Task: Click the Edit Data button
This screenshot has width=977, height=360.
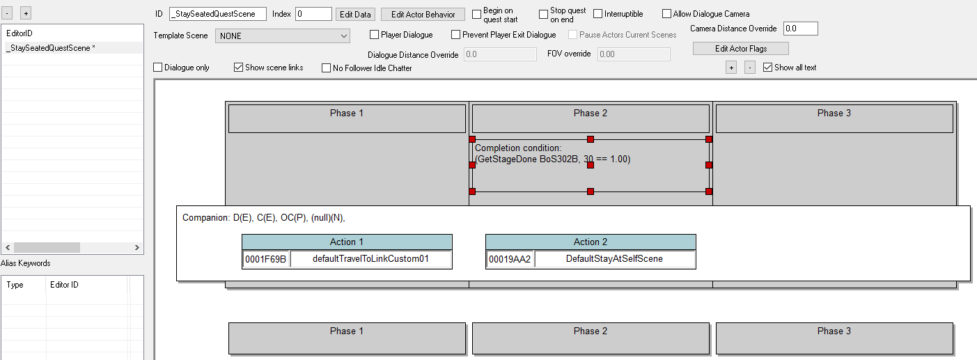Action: click(355, 15)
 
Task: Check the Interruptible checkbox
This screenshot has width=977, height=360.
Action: click(598, 14)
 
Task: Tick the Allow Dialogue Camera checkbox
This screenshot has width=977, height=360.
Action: click(666, 14)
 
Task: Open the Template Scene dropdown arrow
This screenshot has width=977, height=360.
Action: click(344, 36)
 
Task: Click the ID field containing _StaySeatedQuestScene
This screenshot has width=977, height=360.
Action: click(218, 14)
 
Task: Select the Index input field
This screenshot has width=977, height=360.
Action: click(313, 14)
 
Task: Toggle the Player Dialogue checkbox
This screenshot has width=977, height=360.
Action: click(374, 35)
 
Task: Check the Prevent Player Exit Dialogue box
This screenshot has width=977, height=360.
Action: click(456, 35)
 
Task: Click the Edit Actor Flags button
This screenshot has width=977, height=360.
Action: click(741, 49)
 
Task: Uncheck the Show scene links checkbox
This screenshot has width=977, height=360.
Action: click(239, 68)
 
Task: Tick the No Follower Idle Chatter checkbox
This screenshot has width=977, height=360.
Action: click(327, 68)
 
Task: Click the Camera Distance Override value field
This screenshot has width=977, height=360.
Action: click(800, 29)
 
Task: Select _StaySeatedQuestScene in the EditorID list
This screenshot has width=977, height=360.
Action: click(51, 48)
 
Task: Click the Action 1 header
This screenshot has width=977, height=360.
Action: click(347, 242)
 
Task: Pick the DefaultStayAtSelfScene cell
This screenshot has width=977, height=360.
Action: click(614, 259)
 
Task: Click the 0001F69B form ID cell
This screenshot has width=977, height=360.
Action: click(265, 259)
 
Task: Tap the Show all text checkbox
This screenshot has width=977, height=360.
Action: click(767, 68)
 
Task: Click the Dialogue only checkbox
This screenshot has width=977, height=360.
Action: click(158, 68)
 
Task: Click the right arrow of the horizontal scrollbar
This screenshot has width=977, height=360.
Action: click(137, 247)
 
